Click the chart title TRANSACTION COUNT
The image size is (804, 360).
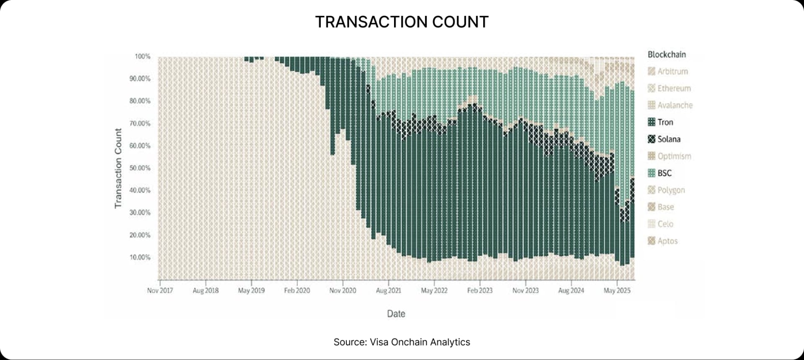402,22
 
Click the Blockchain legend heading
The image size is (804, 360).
667,54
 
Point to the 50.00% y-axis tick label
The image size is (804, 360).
140,168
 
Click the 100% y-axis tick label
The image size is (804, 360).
142,57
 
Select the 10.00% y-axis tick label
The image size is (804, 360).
140,257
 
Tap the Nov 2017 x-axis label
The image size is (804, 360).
160,290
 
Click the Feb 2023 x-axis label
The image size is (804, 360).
480,290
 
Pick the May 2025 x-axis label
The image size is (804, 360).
617,290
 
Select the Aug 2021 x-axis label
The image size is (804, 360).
388,290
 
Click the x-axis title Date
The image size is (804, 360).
396,314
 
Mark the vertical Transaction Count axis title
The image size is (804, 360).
118,168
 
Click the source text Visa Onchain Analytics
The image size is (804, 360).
402,342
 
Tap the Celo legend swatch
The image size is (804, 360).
651,224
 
